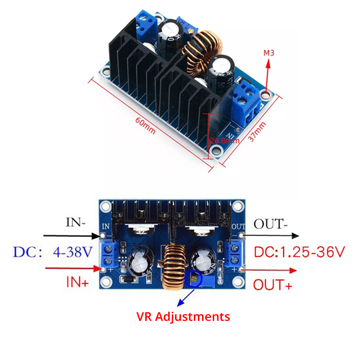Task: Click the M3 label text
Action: tap(269, 53)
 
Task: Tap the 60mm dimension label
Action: tap(145, 126)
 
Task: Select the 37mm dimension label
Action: tap(257, 131)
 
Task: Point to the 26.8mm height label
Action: tap(225, 140)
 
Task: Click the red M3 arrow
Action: tap(267, 76)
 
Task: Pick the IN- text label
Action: tap(76, 222)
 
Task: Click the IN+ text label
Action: tap(77, 282)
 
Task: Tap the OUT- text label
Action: tap(270, 224)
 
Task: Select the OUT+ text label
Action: tap(273, 285)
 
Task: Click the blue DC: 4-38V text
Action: tap(53, 252)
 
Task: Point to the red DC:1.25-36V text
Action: tap(299, 252)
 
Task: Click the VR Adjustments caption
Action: tap(183, 317)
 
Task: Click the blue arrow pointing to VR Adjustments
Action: tap(185, 298)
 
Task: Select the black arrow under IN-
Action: tap(72, 235)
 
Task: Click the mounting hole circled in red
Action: tap(266, 95)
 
